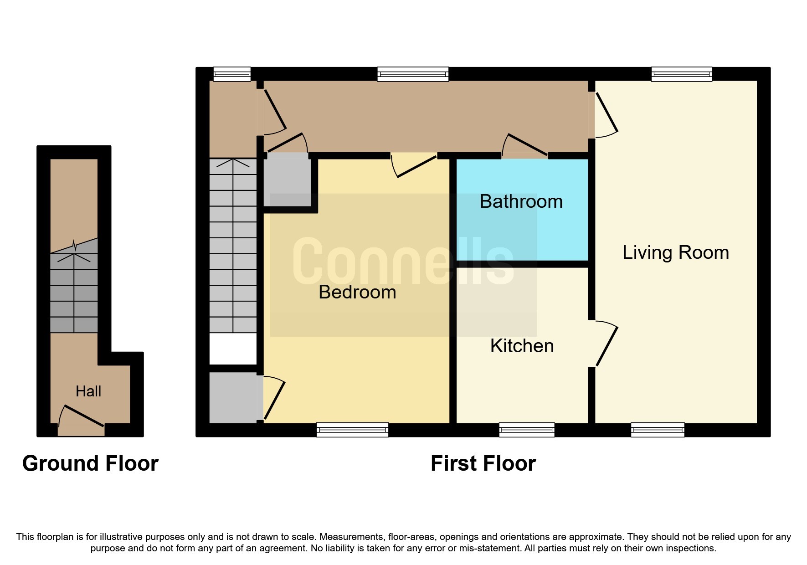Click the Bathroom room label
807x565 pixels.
coord(521,201)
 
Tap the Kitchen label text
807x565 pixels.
coord(522,346)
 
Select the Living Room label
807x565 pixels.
coord(676,252)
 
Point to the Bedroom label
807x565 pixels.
coord(357,292)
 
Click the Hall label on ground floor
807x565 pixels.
coord(88,391)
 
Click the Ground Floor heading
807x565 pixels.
coord(90,463)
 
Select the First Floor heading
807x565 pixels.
coord(483,463)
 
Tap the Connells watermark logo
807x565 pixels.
coord(403,261)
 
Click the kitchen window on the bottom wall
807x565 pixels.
coord(527,430)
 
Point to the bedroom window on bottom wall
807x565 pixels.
coord(352,430)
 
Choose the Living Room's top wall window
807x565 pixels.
coord(682,74)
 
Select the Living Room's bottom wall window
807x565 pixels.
coord(658,430)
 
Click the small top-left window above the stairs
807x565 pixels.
coord(232,74)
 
